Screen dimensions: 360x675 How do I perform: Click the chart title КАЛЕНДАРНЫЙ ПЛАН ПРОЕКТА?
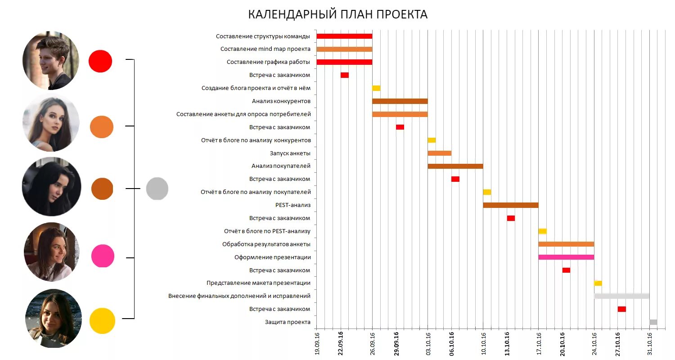(x=337, y=14)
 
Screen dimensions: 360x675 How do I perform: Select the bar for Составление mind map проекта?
(x=344, y=49)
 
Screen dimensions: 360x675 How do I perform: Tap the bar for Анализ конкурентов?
(x=400, y=101)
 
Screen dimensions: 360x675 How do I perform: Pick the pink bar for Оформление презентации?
(x=566, y=257)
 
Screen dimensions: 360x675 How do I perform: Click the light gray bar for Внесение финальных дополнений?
(x=621, y=296)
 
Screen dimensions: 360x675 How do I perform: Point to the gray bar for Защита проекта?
(x=653, y=322)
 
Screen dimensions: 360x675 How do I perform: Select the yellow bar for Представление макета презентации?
(x=598, y=283)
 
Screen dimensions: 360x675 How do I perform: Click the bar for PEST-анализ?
(x=511, y=205)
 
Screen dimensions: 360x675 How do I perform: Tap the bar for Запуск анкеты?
(x=439, y=153)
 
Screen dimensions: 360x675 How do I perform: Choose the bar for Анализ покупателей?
(x=455, y=166)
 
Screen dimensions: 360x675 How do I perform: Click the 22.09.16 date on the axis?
(x=341, y=343)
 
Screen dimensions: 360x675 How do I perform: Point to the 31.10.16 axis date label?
(x=650, y=343)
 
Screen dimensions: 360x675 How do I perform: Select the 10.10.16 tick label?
(x=483, y=343)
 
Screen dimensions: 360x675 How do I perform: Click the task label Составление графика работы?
(x=268, y=62)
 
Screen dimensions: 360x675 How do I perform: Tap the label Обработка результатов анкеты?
(x=266, y=244)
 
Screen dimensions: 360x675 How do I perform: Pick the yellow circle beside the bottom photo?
(x=102, y=321)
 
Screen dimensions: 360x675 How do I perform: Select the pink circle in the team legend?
(x=103, y=256)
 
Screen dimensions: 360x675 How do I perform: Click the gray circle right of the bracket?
(x=157, y=189)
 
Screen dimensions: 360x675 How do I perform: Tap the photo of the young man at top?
(x=50, y=60)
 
